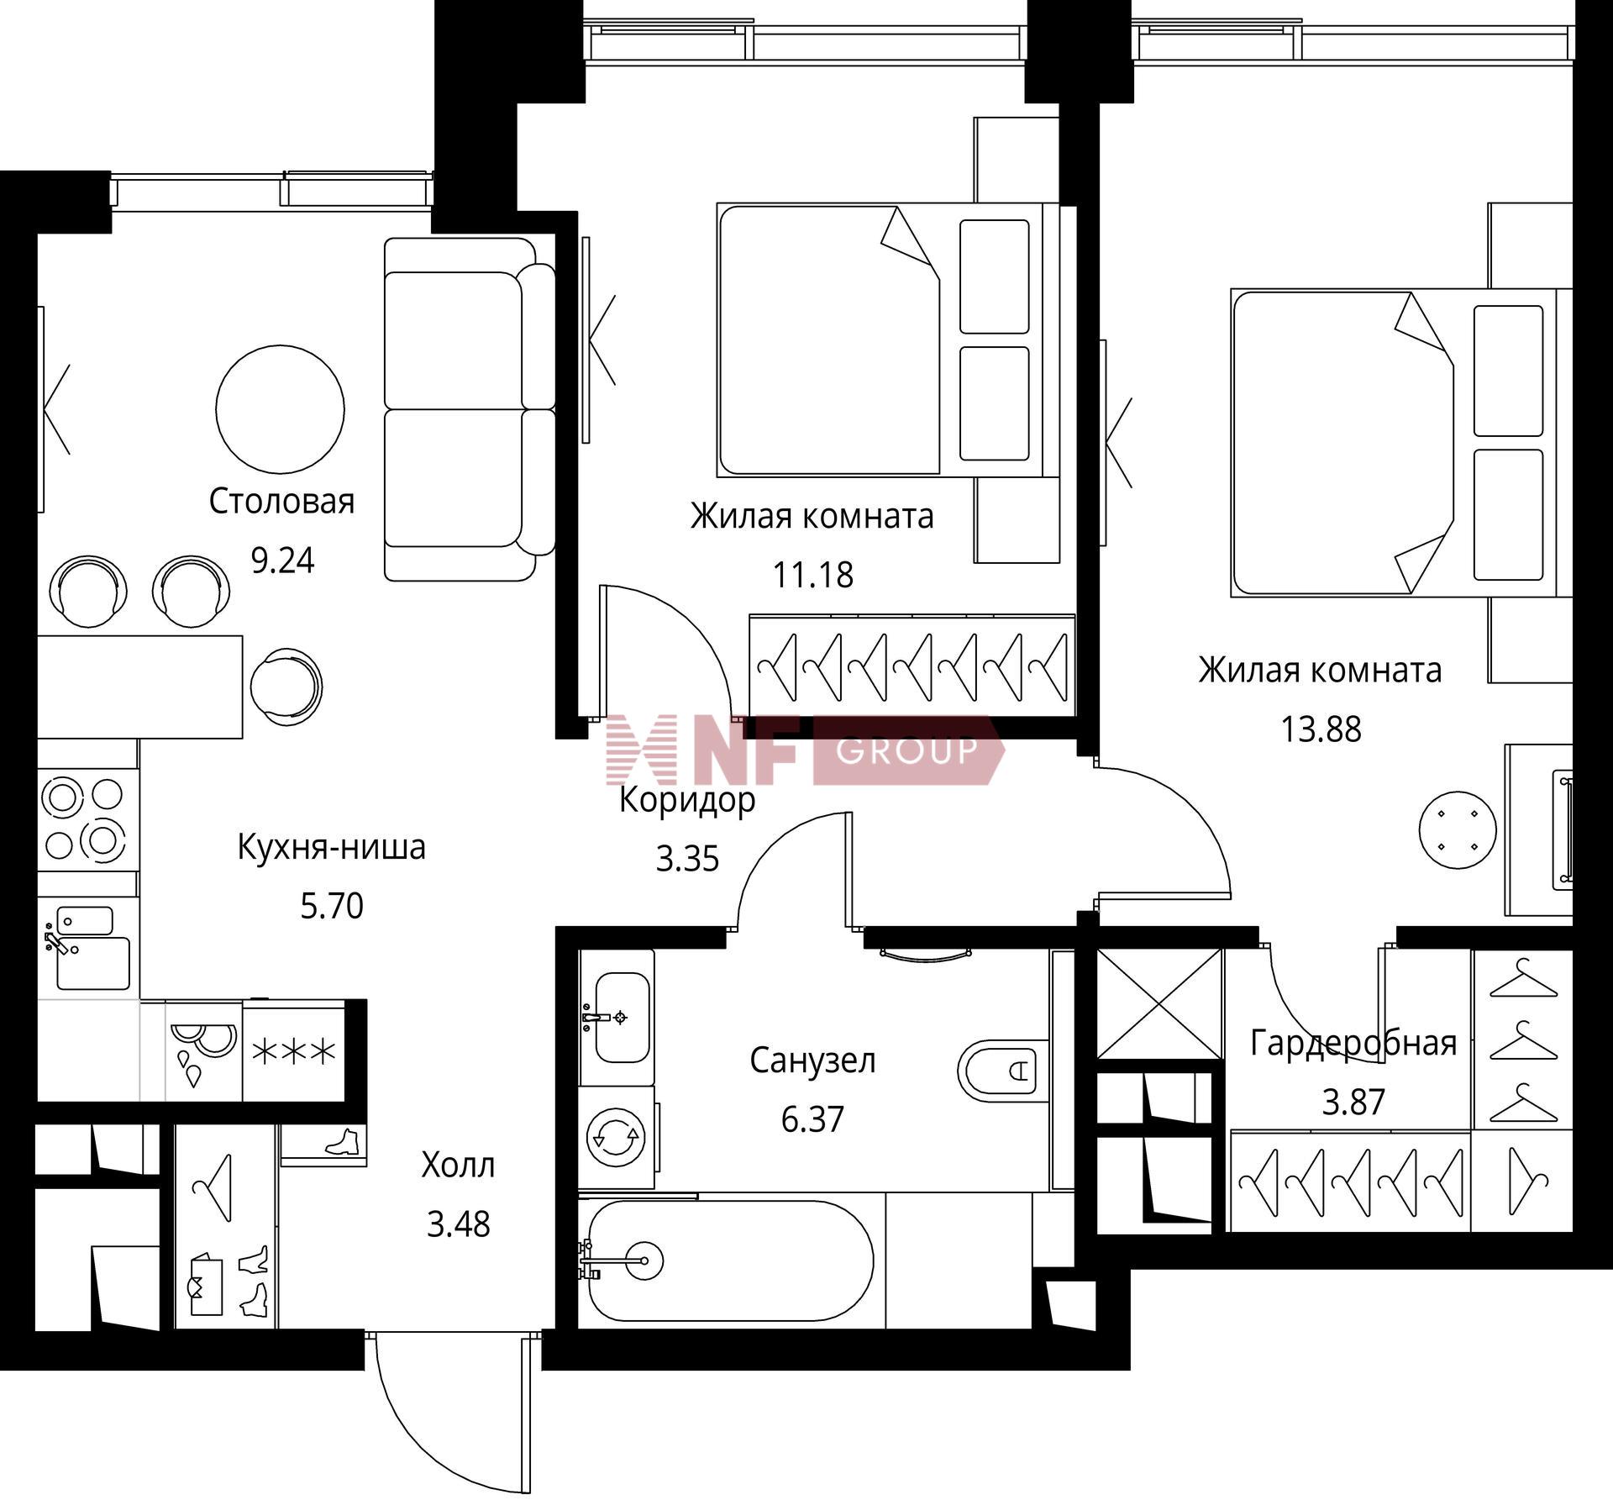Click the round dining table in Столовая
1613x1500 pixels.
[280, 409]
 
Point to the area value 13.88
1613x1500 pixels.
[1321, 729]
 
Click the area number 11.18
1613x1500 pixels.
[812, 575]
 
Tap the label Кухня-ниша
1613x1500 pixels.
[331, 847]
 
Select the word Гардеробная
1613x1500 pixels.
[1353, 1043]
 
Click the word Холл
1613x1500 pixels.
[458, 1166]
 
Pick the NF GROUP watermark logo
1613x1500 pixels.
[805, 750]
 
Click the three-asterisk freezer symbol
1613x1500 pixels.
[293, 1051]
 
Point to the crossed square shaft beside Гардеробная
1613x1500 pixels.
[1159, 1005]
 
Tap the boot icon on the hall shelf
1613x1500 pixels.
[343, 1141]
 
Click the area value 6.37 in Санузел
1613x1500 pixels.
[812, 1119]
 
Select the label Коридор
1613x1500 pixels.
[687, 800]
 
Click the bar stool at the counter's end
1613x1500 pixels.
[286, 687]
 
